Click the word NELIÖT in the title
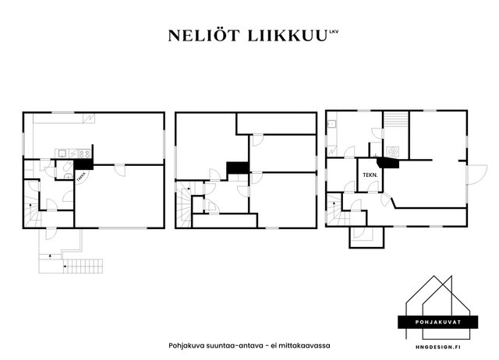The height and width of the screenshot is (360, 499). point(203,36)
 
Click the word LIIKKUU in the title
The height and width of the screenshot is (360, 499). point(287,36)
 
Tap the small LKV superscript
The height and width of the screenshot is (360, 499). point(334,31)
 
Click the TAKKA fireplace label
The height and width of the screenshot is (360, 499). point(81,177)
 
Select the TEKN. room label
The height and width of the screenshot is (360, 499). point(370,175)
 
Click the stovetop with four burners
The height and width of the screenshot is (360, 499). point(84,154)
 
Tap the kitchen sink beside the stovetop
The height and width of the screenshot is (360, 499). point(62,154)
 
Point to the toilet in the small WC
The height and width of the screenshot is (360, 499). point(68,166)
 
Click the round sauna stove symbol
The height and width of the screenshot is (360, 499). point(392,151)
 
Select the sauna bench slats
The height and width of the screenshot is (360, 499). point(396,119)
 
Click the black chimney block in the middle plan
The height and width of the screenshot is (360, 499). point(238,168)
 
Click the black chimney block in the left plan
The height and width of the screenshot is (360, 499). point(83,164)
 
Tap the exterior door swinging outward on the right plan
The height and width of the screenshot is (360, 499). point(476,175)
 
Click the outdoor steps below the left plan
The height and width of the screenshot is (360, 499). point(83,266)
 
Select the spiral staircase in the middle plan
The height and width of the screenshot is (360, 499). point(184,204)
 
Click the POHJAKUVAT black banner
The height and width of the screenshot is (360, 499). point(438,322)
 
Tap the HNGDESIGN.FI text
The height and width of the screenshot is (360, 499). point(438,348)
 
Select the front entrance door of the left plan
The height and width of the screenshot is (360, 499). point(51,233)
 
